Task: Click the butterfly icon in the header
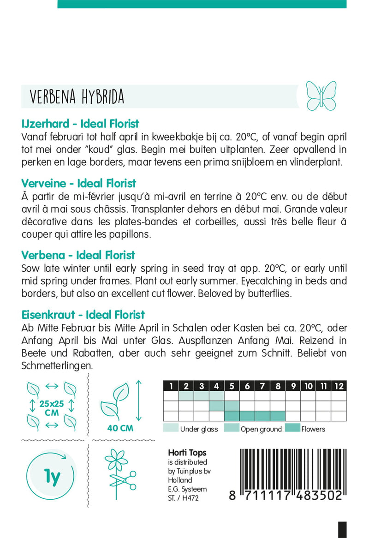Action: [x=321, y=96]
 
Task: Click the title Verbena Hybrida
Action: [x=77, y=96]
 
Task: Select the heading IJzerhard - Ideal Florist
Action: [x=80, y=124]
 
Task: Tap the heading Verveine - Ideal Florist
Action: [x=78, y=183]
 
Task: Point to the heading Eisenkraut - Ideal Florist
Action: [x=83, y=315]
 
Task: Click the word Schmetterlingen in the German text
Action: [x=57, y=365]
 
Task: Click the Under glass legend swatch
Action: [x=170, y=429]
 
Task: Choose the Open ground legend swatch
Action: [x=231, y=429]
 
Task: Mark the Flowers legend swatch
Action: [x=292, y=429]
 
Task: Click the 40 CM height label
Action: [x=119, y=428]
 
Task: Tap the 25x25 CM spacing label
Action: [x=52, y=408]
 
